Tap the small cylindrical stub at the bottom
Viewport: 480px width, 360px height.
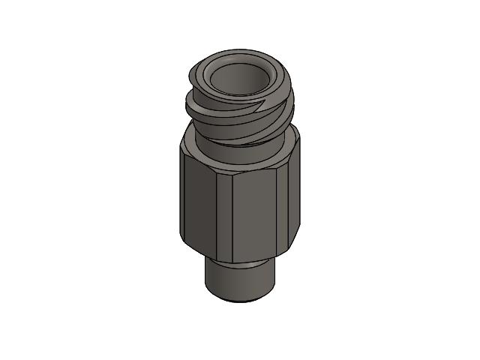[240, 281]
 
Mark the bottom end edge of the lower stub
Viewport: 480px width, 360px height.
[240, 299]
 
